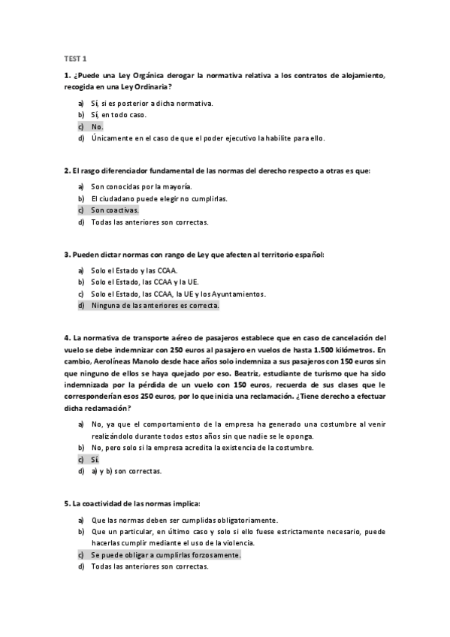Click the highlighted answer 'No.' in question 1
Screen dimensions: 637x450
97,127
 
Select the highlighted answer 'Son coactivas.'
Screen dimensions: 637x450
114,210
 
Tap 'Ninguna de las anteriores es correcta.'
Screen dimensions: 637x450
155,306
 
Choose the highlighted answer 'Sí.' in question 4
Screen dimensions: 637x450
95,459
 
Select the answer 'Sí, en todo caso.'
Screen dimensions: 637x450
118,115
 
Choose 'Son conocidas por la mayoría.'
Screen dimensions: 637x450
140,186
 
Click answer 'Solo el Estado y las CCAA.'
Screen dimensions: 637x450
134,270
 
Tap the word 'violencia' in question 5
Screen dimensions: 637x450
240,542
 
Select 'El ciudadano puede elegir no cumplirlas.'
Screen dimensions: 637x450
159,198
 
